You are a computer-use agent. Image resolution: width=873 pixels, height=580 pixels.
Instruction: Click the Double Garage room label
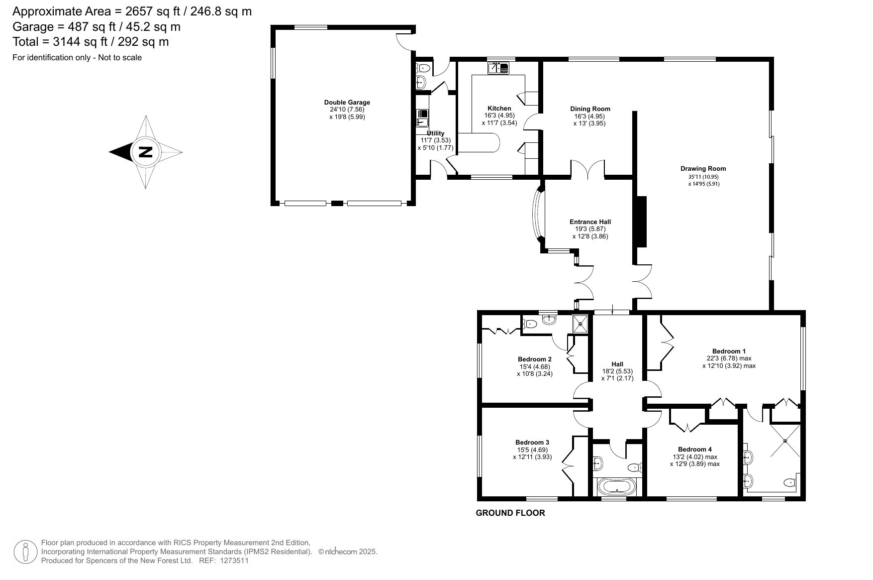[x=347, y=103]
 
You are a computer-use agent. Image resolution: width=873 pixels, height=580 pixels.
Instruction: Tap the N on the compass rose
[x=145, y=152]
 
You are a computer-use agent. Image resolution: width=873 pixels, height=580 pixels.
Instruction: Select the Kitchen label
[x=499, y=108]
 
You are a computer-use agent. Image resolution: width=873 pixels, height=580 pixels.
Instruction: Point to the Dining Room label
[x=590, y=109]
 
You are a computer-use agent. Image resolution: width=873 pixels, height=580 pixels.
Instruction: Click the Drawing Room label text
[x=703, y=169]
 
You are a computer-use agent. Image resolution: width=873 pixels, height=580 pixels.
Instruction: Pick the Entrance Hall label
[x=590, y=222]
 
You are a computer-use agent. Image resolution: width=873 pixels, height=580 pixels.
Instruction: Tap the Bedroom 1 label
[x=729, y=351]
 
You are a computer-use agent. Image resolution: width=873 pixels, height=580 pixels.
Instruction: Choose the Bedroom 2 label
[x=535, y=359]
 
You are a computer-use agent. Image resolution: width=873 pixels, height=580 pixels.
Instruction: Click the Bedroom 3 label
[x=532, y=443]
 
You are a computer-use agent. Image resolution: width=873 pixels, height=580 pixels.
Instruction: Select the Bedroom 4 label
[x=694, y=450]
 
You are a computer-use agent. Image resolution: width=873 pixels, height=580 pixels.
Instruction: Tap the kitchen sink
[x=498, y=68]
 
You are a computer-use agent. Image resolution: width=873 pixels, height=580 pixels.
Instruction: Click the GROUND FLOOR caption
[x=510, y=513]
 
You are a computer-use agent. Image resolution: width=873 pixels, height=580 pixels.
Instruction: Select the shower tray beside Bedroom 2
[x=581, y=324]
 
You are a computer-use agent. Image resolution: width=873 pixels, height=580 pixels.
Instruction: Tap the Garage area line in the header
[x=97, y=27]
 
